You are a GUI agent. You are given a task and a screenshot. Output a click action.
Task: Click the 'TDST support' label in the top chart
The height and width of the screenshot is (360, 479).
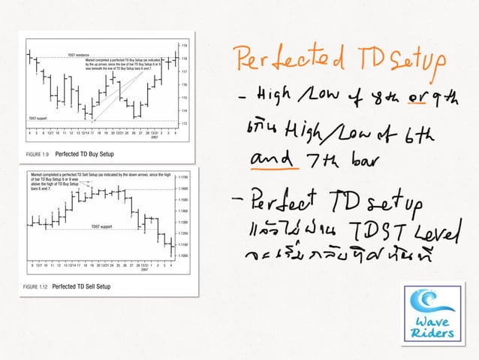pyautogui.click(x=37, y=118)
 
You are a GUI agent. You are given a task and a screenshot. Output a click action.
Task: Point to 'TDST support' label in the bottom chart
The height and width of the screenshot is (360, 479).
pyautogui.click(x=102, y=225)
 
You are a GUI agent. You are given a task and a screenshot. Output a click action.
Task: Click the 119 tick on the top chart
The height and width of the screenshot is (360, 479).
pyautogui.click(x=185, y=46)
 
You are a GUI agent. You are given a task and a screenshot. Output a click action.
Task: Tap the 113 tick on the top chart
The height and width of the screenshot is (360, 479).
pyautogui.click(x=185, y=123)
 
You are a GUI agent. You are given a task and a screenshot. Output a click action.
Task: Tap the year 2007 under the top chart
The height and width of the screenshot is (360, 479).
pyautogui.click(x=155, y=138)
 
